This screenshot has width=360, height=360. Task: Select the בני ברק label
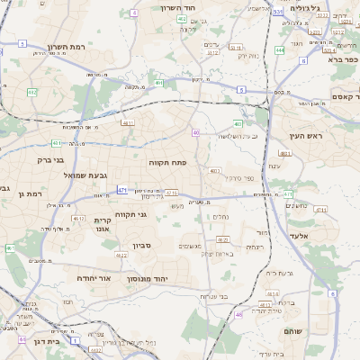[57, 159]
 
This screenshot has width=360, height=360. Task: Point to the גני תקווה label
[130, 214]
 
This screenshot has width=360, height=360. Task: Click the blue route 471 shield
[121, 190]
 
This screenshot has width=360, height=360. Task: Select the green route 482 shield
[183, 18]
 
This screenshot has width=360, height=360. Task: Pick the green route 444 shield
[280, 50]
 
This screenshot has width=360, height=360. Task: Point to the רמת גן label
[30, 193]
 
